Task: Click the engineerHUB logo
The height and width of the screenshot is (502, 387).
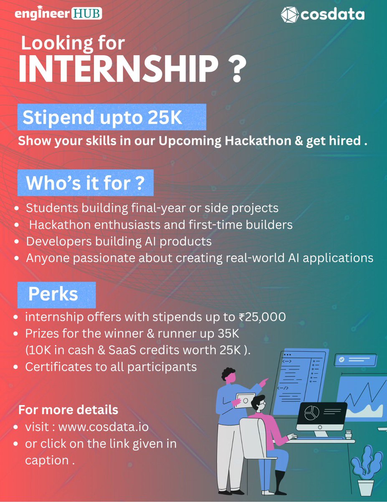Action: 58,14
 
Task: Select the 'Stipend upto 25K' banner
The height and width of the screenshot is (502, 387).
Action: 111,118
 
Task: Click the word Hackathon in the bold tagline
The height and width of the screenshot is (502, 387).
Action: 254,141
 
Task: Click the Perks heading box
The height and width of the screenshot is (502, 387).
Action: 56,295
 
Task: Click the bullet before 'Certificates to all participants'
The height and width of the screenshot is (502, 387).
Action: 15,367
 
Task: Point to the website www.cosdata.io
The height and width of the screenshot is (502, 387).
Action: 104,428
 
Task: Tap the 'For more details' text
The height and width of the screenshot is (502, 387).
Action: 68,410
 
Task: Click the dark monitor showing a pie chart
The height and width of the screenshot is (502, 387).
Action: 321,417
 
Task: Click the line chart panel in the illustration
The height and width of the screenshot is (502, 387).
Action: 362,397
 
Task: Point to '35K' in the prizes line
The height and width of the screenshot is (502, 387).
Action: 240,334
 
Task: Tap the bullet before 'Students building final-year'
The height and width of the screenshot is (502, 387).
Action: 16,208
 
